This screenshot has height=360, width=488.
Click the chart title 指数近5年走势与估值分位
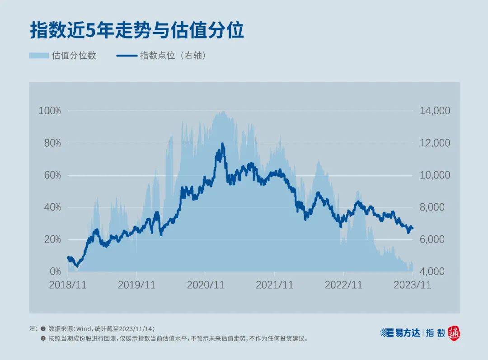tap(137, 31)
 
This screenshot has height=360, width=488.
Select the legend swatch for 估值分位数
tap(38, 56)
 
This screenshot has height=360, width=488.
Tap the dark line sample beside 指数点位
tap(127, 56)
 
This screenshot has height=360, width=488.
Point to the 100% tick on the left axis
tap(50, 111)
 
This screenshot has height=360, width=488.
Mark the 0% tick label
tap(54, 271)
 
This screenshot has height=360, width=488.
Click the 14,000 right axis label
tap(435, 111)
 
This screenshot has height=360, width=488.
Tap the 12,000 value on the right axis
tap(435, 143)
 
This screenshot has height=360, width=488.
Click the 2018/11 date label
tap(68, 285)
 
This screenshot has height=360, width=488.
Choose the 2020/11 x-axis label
tap(206, 285)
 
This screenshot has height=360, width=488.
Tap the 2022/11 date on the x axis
tap(343, 285)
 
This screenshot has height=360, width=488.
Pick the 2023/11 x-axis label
tap(413, 285)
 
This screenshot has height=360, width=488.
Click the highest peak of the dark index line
tap(222, 144)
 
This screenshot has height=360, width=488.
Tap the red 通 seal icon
tap(454, 333)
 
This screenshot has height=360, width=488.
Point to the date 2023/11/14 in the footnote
tap(137, 329)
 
